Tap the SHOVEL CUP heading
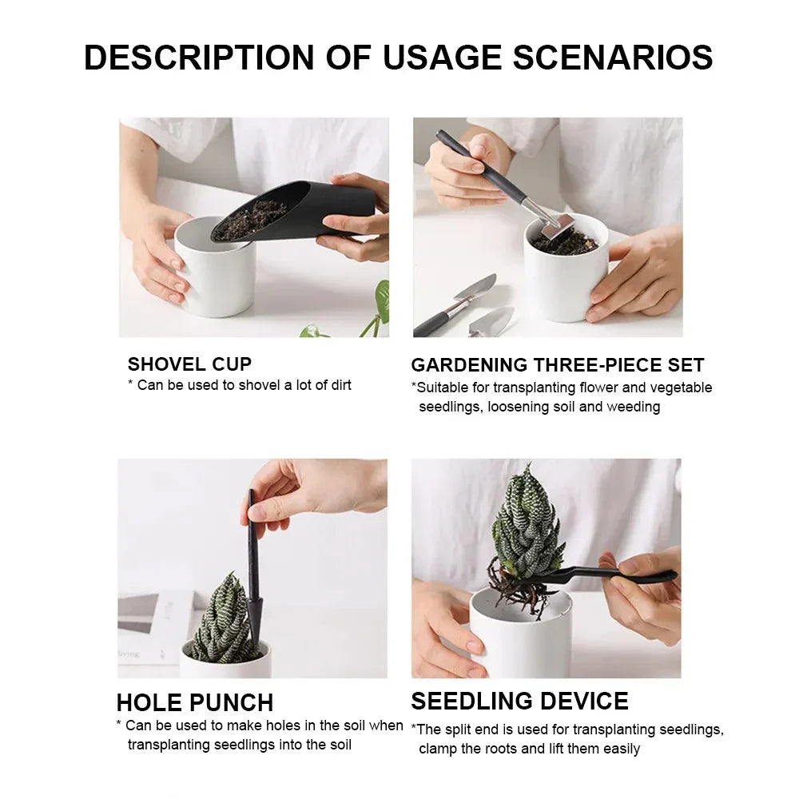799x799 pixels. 189,364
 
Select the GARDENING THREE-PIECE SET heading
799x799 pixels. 557,366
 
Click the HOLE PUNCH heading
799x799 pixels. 195,703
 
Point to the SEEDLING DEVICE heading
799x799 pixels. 519,702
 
